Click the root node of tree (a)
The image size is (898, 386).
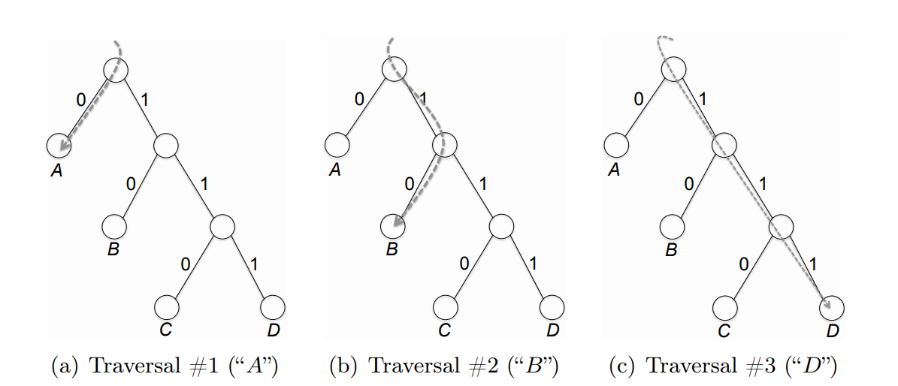[x=116, y=69]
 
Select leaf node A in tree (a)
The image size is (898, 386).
[x=59, y=145]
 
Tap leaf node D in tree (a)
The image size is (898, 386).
[x=273, y=306]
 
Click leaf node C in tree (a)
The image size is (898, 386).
[x=167, y=306]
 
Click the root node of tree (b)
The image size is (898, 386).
[x=395, y=69]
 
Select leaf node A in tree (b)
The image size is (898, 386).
[x=337, y=145]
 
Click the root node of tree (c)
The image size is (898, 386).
[x=673, y=69]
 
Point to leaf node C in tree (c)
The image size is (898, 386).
[x=724, y=306]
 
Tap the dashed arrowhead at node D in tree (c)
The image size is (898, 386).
[x=827, y=304]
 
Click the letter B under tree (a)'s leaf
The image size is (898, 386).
[x=113, y=249]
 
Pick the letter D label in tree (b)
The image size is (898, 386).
[x=552, y=330]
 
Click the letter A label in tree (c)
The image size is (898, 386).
[x=614, y=170]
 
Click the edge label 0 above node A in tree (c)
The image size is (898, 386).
[x=638, y=98]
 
